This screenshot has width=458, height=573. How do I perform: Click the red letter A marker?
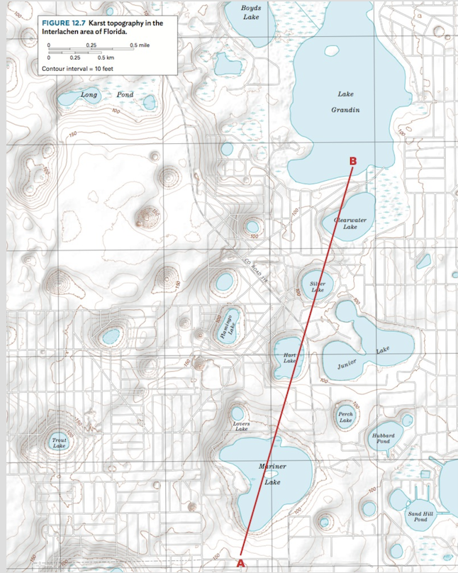(240, 562)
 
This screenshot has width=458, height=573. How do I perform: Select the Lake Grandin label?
(345, 102)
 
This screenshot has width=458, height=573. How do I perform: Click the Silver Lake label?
(318, 286)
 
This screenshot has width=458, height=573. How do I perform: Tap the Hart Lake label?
(289, 357)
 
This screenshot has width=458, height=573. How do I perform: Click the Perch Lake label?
(345, 417)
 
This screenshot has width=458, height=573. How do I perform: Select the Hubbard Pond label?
(383, 438)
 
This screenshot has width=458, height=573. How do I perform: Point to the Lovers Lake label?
(241, 426)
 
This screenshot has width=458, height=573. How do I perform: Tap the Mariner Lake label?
(273, 474)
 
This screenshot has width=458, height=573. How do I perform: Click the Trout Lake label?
(60, 443)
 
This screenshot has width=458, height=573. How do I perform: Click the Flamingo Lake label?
(225, 327)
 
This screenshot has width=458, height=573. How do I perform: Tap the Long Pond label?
(106, 94)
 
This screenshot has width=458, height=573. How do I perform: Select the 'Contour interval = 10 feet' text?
(72, 69)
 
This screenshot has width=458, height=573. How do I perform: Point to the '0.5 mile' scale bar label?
(140, 45)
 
